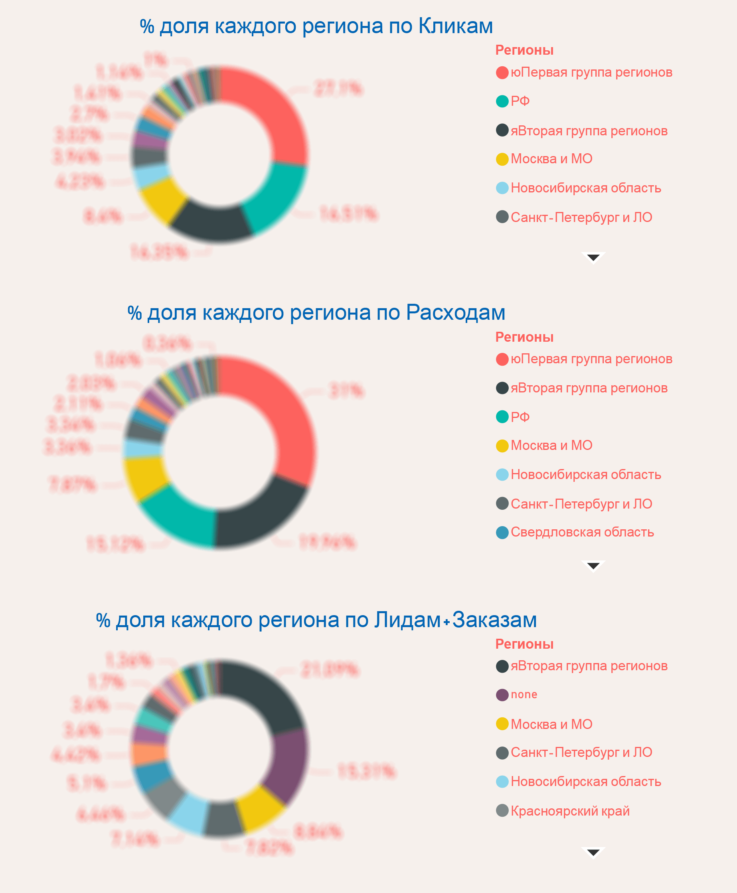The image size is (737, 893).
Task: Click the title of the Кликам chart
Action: pyautogui.click(x=316, y=26)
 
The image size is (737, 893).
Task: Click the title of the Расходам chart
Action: pyautogui.click(x=316, y=313)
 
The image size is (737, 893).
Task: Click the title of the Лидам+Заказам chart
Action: pyautogui.click(x=316, y=620)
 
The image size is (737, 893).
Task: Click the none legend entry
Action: pyautogui.click(x=524, y=695)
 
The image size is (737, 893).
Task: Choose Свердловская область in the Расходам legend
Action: pyautogui.click(x=582, y=533)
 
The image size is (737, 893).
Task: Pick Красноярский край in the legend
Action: pyautogui.click(x=570, y=811)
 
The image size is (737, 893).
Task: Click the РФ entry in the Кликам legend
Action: pyautogui.click(x=520, y=101)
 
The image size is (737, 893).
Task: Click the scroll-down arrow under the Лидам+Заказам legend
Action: pyautogui.click(x=593, y=853)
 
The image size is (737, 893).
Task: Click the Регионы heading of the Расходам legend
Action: pyautogui.click(x=524, y=337)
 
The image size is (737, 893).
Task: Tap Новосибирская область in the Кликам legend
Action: pyautogui.click(x=585, y=188)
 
